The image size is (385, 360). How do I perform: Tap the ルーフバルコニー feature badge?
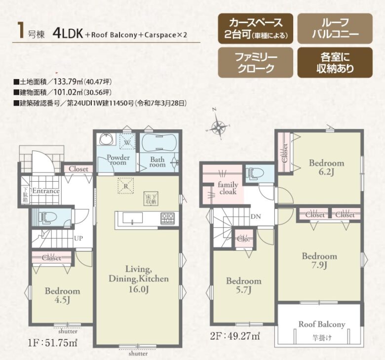[x=335, y=29]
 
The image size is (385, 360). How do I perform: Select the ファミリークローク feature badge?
[x=255, y=64]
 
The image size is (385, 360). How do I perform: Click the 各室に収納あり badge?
[x=335, y=64]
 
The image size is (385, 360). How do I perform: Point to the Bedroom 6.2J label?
[x=326, y=168]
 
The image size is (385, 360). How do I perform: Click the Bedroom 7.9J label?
[x=319, y=261]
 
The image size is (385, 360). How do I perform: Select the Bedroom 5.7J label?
[x=243, y=285]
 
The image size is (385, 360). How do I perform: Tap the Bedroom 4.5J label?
[x=63, y=295]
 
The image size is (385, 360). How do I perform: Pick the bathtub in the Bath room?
[x=158, y=144]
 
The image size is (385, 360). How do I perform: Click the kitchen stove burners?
[x=167, y=217]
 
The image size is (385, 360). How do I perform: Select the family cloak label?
[x=228, y=188]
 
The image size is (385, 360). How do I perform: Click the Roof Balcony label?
[x=321, y=324]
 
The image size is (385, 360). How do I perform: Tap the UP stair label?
[x=78, y=238]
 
